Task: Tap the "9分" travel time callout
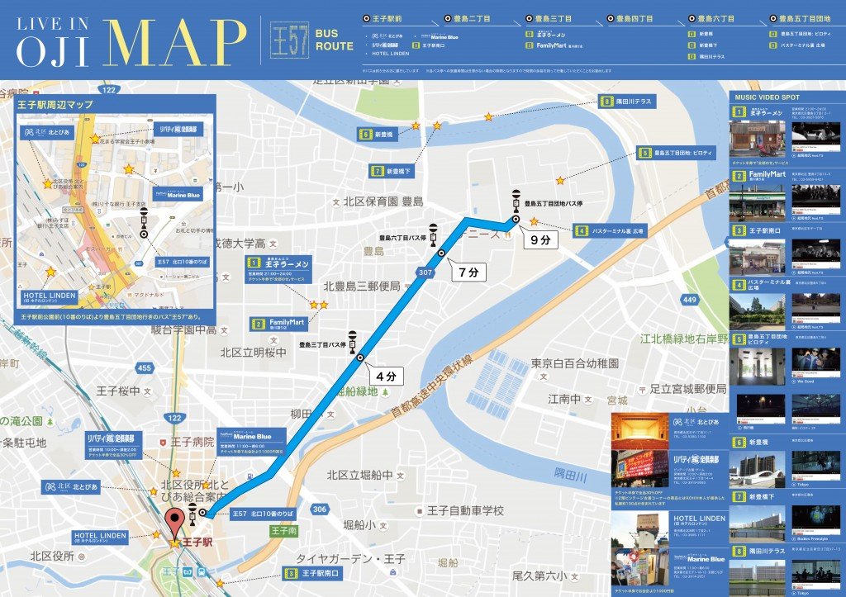(x=544, y=240)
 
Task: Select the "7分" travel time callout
(x=468, y=271)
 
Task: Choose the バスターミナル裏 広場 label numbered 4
(x=611, y=231)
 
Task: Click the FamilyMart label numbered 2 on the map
(x=281, y=323)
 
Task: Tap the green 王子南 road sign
(x=283, y=532)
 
